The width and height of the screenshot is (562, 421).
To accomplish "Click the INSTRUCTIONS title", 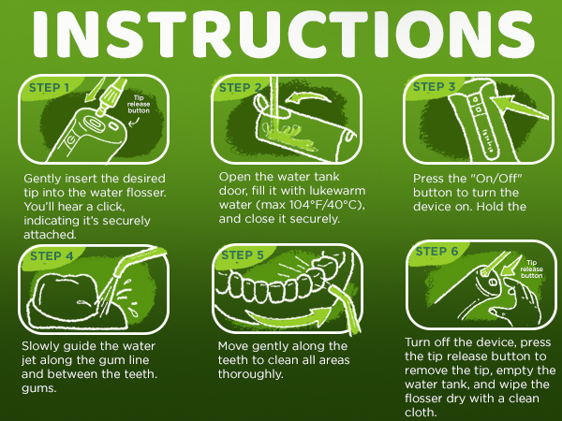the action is pos(284,34).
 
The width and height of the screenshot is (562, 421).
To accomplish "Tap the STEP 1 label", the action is pos(49,88).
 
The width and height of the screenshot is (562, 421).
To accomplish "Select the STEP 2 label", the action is pos(240,88).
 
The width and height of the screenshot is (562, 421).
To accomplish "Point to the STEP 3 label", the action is pos(434,87).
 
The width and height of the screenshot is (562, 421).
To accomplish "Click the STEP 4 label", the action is pos(52,256).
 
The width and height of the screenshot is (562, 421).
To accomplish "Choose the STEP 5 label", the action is pos(243,254).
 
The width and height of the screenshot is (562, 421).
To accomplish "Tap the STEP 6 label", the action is pos(436,252).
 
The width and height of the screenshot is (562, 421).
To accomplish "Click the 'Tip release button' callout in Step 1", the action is pos(139,104).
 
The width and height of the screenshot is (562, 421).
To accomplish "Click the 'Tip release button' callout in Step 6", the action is pos(531,269).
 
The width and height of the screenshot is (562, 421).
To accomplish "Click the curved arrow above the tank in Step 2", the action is pos(308,97).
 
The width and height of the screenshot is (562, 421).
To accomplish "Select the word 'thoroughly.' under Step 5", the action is pos(250,374).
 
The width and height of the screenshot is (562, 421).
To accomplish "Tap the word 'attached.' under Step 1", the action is pos(50,235).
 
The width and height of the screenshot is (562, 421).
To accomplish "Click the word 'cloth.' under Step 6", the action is pos(421,412).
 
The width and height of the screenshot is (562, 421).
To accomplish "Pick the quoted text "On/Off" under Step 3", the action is pos(495,179).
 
